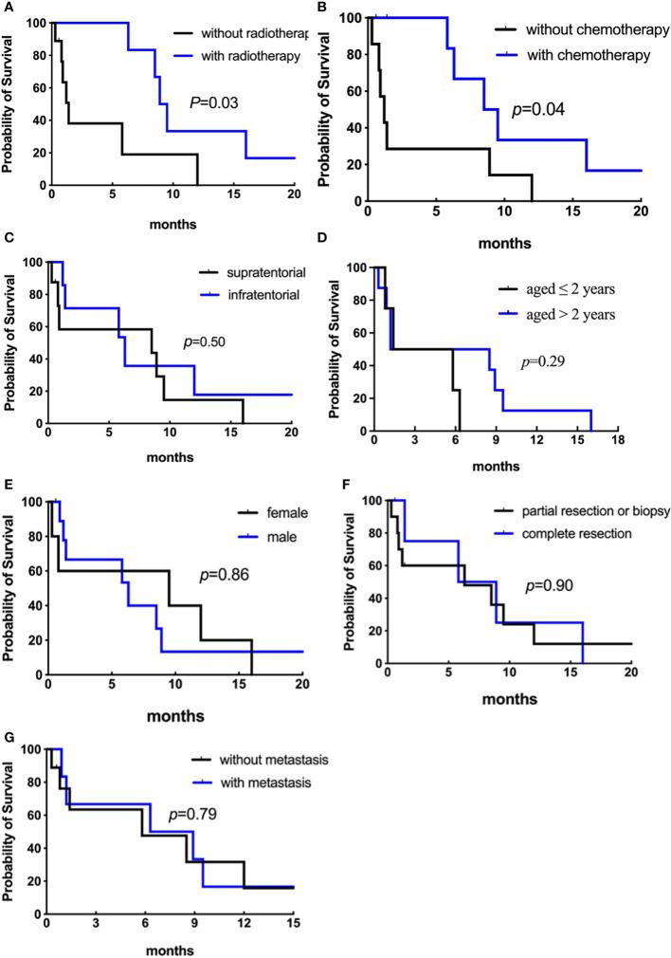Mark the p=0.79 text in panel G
192,813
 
